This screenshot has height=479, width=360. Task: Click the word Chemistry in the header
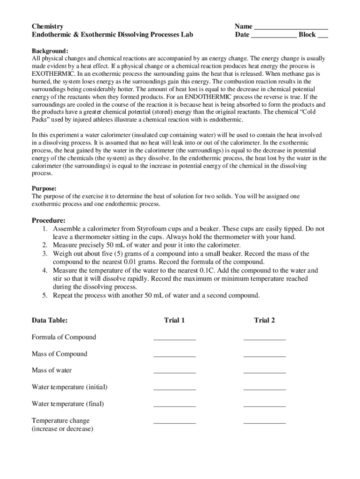point(48,26)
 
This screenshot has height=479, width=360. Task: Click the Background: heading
point(50,51)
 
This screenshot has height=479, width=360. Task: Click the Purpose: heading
point(44,189)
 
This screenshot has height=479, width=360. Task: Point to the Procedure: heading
point(49,220)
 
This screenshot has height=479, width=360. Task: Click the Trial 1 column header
point(174,320)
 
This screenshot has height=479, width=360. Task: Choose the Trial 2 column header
point(264,320)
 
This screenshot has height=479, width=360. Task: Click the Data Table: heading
point(50,320)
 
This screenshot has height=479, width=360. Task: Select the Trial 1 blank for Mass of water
point(174,372)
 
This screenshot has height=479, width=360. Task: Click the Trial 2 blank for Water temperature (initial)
point(264,389)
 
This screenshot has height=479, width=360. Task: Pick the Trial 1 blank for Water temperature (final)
point(174,406)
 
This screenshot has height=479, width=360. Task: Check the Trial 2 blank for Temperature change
point(264,422)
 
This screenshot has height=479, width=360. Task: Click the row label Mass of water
point(52,370)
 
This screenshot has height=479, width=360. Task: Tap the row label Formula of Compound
point(64,337)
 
